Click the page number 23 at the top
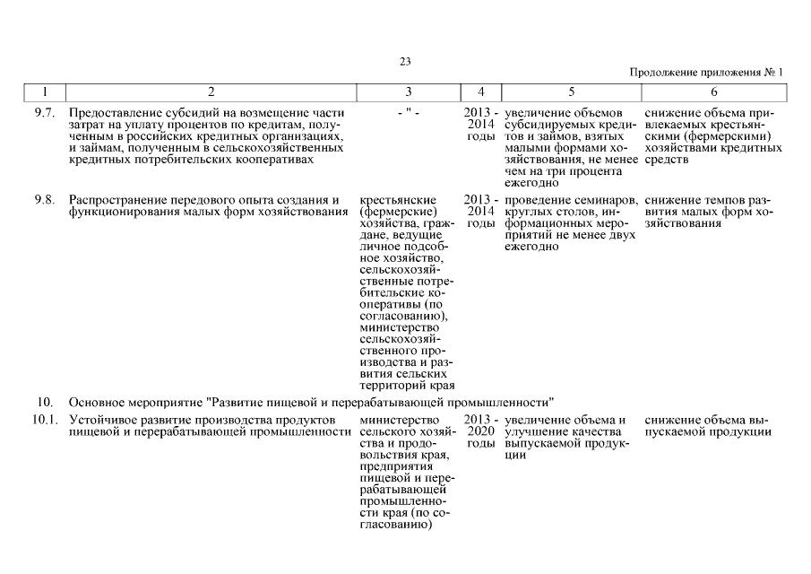[x=405, y=61]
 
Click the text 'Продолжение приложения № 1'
[x=706, y=73]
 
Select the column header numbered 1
[x=45, y=91]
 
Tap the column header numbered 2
[x=211, y=91]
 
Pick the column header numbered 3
[x=409, y=91]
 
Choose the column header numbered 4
[x=482, y=91]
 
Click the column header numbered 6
[x=714, y=91]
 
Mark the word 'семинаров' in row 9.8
[x=607, y=199]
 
